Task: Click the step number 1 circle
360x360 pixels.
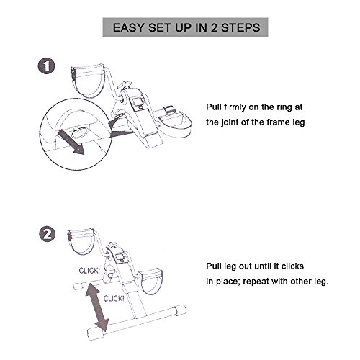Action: click(47, 66)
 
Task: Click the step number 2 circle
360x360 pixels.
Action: click(47, 234)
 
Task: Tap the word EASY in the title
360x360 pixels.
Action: click(128, 27)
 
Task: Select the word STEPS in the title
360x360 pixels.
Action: click(240, 27)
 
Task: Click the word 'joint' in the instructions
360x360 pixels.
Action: click(230, 122)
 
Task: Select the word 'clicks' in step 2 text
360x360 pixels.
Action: click(292, 266)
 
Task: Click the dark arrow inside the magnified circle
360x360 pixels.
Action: click(71, 143)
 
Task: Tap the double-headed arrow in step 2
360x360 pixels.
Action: click(97, 307)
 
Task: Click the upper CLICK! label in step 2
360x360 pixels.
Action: click(89, 271)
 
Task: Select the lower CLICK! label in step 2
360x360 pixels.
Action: click(114, 299)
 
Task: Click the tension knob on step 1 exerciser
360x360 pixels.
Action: click(126, 85)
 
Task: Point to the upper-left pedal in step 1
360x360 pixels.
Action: click(88, 81)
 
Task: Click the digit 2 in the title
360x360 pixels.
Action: click(214, 27)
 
